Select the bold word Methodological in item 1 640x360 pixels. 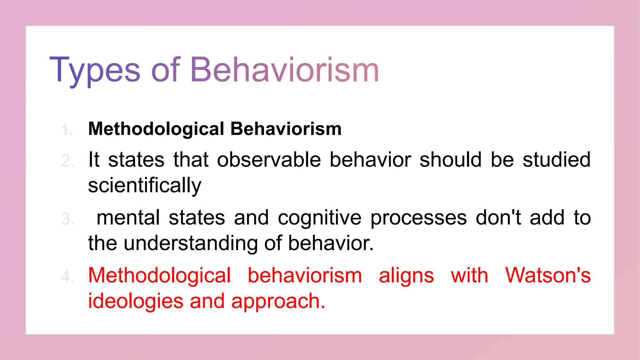click(x=156, y=129)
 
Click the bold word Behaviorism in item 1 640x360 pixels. click(x=286, y=129)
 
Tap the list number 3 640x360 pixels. click(x=67, y=219)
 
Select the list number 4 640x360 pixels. click(x=67, y=277)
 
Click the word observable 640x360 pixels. click(x=269, y=160)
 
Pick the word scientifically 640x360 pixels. click(x=145, y=186)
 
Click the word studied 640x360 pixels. click(x=557, y=160)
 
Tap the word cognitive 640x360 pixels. click(x=319, y=218)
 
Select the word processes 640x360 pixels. click(x=418, y=218)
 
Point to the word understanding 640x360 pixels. click(x=191, y=243)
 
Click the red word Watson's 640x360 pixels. click(x=548, y=276)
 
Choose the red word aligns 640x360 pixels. click(x=406, y=276)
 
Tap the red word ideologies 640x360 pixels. click(x=136, y=302)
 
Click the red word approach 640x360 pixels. click(x=278, y=302)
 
